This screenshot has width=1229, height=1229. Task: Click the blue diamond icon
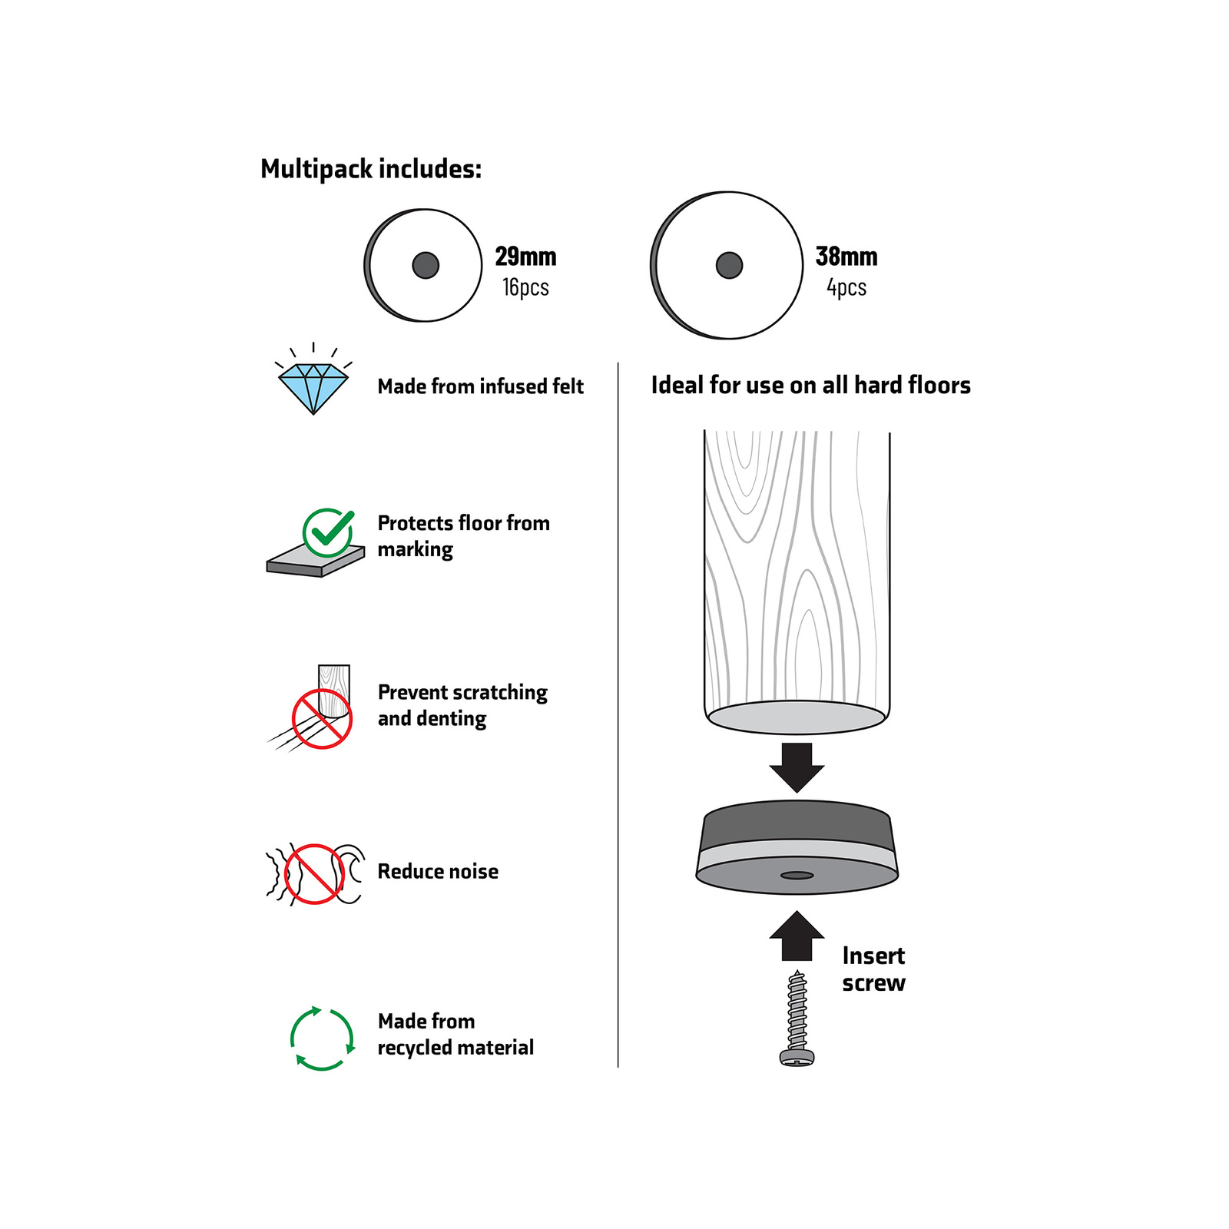click(x=313, y=388)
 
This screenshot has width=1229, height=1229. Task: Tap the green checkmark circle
click(x=328, y=532)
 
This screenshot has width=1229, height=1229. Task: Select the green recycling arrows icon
click(x=323, y=1038)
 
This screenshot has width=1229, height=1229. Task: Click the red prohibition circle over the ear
click(x=314, y=874)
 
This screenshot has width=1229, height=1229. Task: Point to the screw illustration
click(x=797, y=1019)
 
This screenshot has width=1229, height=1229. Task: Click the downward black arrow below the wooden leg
click(x=797, y=767)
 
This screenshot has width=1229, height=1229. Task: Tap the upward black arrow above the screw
click(x=797, y=936)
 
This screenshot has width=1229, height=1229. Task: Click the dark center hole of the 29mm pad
click(x=426, y=265)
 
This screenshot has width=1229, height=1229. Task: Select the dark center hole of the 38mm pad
click(x=729, y=265)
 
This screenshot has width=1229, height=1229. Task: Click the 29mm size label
click(x=525, y=256)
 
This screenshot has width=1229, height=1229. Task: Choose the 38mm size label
click(x=846, y=256)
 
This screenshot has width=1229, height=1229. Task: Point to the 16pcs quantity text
click(x=525, y=287)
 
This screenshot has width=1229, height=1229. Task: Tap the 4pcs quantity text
click(x=846, y=287)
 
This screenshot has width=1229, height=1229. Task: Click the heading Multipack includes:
click(x=371, y=169)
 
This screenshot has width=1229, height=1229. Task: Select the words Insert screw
click(x=873, y=969)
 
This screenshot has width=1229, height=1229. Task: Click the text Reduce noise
click(x=438, y=871)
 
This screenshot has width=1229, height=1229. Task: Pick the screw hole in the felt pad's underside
click(x=797, y=875)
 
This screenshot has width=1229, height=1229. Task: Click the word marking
click(x=415, y=550)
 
